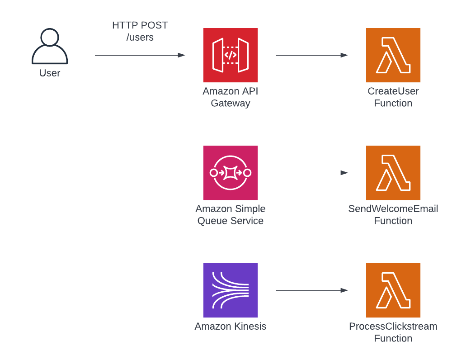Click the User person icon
50,47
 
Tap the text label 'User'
50,73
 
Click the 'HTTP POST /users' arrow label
140,31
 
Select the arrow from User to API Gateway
140,55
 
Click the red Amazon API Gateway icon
231,55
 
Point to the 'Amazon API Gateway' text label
231,97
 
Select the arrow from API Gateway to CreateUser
312,55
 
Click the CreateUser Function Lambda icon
393,55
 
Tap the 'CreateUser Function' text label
393,97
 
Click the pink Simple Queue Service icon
231,173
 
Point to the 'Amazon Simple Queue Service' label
231,215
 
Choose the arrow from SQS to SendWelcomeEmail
312,173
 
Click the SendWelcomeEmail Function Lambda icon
393,173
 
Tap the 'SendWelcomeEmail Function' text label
393,215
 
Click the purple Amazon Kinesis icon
231,290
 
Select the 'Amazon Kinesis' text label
231,326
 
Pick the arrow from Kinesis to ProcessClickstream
312,290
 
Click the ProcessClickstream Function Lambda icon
393,290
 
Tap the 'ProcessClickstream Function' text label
393,332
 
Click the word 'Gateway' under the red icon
231,103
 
